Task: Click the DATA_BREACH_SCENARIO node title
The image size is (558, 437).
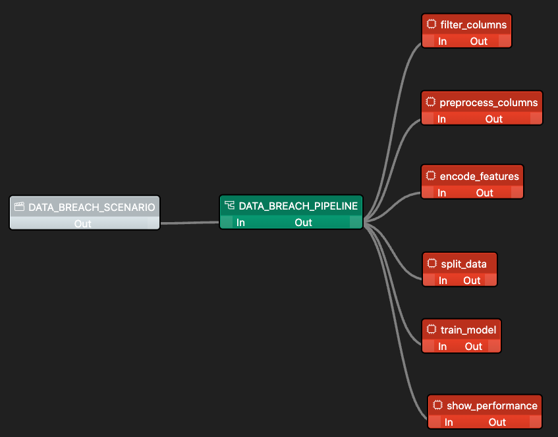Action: pyautogui.click(x=92, y=207)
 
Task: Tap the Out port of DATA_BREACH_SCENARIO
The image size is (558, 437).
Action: pyautogui.click(x=83, y=223)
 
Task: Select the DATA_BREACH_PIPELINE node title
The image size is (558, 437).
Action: pyautogui.click(x=298, y=206)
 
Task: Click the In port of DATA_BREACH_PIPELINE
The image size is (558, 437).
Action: pyautogui.click(x=240, y=222)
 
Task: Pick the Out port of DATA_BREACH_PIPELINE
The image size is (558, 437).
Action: pyautogui.click(x=304, y=222)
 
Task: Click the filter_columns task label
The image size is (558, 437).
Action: pyautogui.click(x=474, y=25)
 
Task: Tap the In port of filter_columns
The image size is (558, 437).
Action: pyautogui.click(x=443, y=41)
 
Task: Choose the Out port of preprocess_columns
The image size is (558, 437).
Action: pyautogui.click(x=494, y=119)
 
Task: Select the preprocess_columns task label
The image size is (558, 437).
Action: pyautogui.click(x=489, y=102)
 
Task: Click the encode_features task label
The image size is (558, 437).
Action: pyautogui.click(x=480, y=176)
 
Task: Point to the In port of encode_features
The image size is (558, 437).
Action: pyautogui.click(x=441, y=192)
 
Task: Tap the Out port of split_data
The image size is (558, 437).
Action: pyautogui.click(x=472, y=280)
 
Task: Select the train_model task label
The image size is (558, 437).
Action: pyautogui.click(x=468, y=329)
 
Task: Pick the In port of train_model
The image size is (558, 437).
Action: pyautogui.click(x=443, y=346)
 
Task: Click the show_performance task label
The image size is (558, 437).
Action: pyautogui.click(x=492, y=405)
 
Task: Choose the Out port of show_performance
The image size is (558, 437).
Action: pyautogui.click(x=497, y=422)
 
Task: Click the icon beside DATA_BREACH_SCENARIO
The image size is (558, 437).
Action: pyautogui.click(x=19, y=207)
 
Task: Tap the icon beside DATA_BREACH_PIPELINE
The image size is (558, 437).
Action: pyautogui.click(x=230, y=206)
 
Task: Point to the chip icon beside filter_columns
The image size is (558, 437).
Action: pyautogui.click(x=432, y=25)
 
